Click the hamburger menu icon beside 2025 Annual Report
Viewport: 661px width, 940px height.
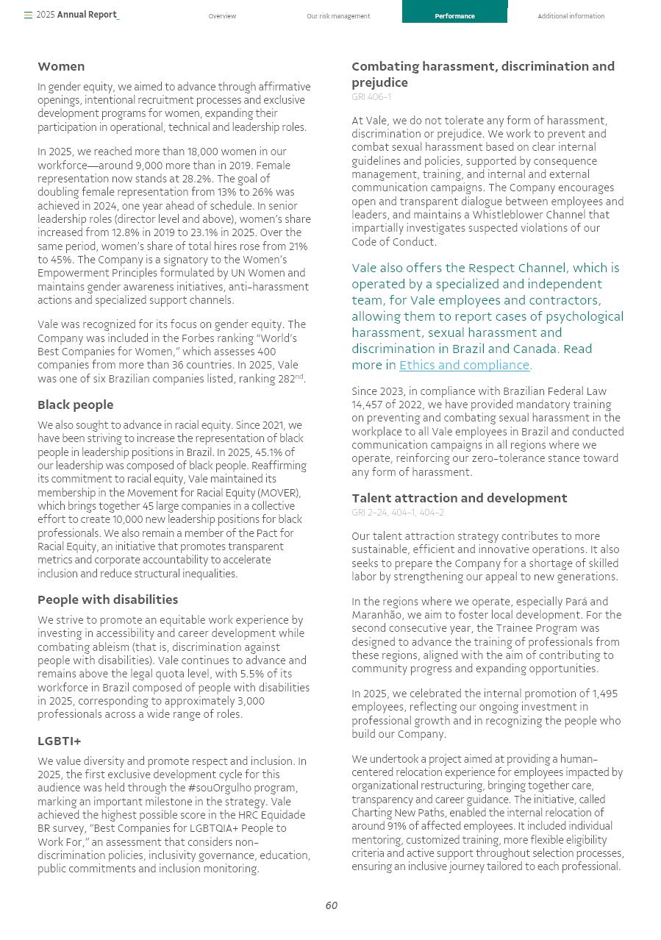(28, 15)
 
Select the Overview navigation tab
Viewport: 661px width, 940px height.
(222, 16)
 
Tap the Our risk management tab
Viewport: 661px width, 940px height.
(338, 16)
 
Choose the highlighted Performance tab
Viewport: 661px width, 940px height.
(454, 16)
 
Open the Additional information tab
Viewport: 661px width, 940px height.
(571, 16)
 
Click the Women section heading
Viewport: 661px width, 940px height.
(61, 66)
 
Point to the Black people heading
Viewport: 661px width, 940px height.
(76, 405)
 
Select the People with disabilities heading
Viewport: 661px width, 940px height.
(108, 599)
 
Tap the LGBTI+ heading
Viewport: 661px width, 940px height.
(60, 741)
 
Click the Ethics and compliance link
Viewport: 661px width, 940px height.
(464, 365)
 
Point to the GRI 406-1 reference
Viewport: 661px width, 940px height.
(371, 97)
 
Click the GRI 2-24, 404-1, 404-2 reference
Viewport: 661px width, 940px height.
(398, 513)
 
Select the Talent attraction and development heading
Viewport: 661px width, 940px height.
(460, 498)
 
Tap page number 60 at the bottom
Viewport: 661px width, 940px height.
(331, 905)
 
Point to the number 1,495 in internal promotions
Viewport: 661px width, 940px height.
(604, 694)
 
